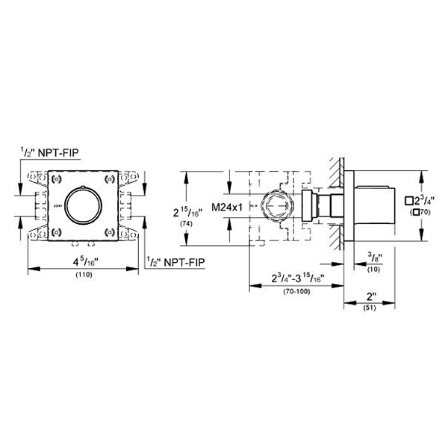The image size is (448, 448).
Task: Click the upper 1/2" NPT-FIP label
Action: [52, 152]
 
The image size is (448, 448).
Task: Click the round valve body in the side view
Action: [274, 205]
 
